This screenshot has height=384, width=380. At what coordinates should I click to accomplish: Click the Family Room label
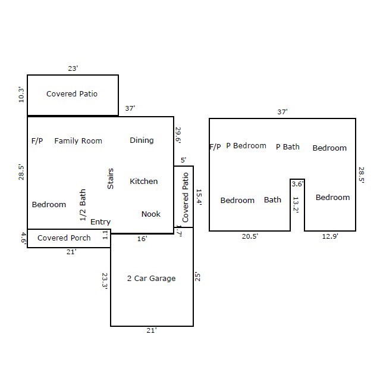click(x=78, y=141)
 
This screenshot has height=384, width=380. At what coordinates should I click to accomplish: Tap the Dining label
click(x=142, y=141)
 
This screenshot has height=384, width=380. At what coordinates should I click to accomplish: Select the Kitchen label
click(x=144, y=181)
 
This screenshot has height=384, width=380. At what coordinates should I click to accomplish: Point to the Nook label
click(x=151, y=214)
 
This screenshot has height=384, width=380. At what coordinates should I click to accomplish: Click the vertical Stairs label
click(x=111, y=179)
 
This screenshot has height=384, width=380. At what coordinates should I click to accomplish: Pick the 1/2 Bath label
click(x=83, y=205)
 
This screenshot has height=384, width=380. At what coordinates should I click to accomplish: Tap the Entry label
click(x=101, y=222)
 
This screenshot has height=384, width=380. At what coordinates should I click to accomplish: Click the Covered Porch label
click(x=64, y=238)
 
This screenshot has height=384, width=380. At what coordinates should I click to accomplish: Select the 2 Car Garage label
click(x=152, y=279)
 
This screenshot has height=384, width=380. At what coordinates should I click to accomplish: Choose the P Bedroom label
click(x=246, y=146)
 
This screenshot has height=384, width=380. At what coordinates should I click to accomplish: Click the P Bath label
click(x=288, y=146)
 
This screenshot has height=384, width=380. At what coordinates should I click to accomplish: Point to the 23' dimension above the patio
click(x=73, y=68)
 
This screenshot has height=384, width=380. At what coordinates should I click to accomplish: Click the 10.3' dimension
click(x=21, y=95)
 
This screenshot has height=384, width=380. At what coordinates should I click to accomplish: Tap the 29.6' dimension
click(x=178, y=135)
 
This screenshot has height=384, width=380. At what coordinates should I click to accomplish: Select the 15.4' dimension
click(x=199, y=197)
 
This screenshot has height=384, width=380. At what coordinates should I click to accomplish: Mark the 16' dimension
click(x=142, y=239)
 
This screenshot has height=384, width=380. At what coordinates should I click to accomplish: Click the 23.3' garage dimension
click(x=105, y=281)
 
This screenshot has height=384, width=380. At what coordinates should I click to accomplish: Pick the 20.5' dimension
click(x=250, y=236)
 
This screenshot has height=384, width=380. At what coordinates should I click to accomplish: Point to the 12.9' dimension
click(x=330, y=236)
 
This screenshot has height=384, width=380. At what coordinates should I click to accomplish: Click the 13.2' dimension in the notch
click(x=296, y=205)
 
